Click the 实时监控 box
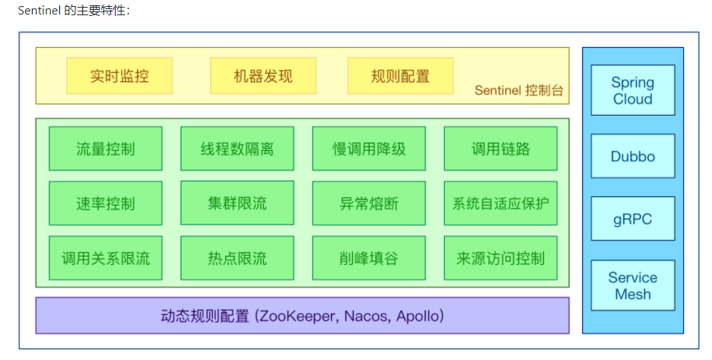pos(119,76)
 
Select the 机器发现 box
pos(262,76)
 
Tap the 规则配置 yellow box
pos(400,76)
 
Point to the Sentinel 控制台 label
pos(519,91)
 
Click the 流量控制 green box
pos(106,148)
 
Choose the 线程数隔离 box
pos(237,148)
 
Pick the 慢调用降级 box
pos(369,148)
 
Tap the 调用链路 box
pos(501,148)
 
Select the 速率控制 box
pos(106,203)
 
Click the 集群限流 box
pos(237,203)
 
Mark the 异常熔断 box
pos(369,203)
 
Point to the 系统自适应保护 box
pos(501,203)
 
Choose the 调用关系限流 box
pos(106,258)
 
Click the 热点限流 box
pos(237,258)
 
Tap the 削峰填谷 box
pos(369,258)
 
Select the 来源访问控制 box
pos(501,258)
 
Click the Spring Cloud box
pos(633,91)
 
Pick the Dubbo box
pos(633,156)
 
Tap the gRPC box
pos(633,219)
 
